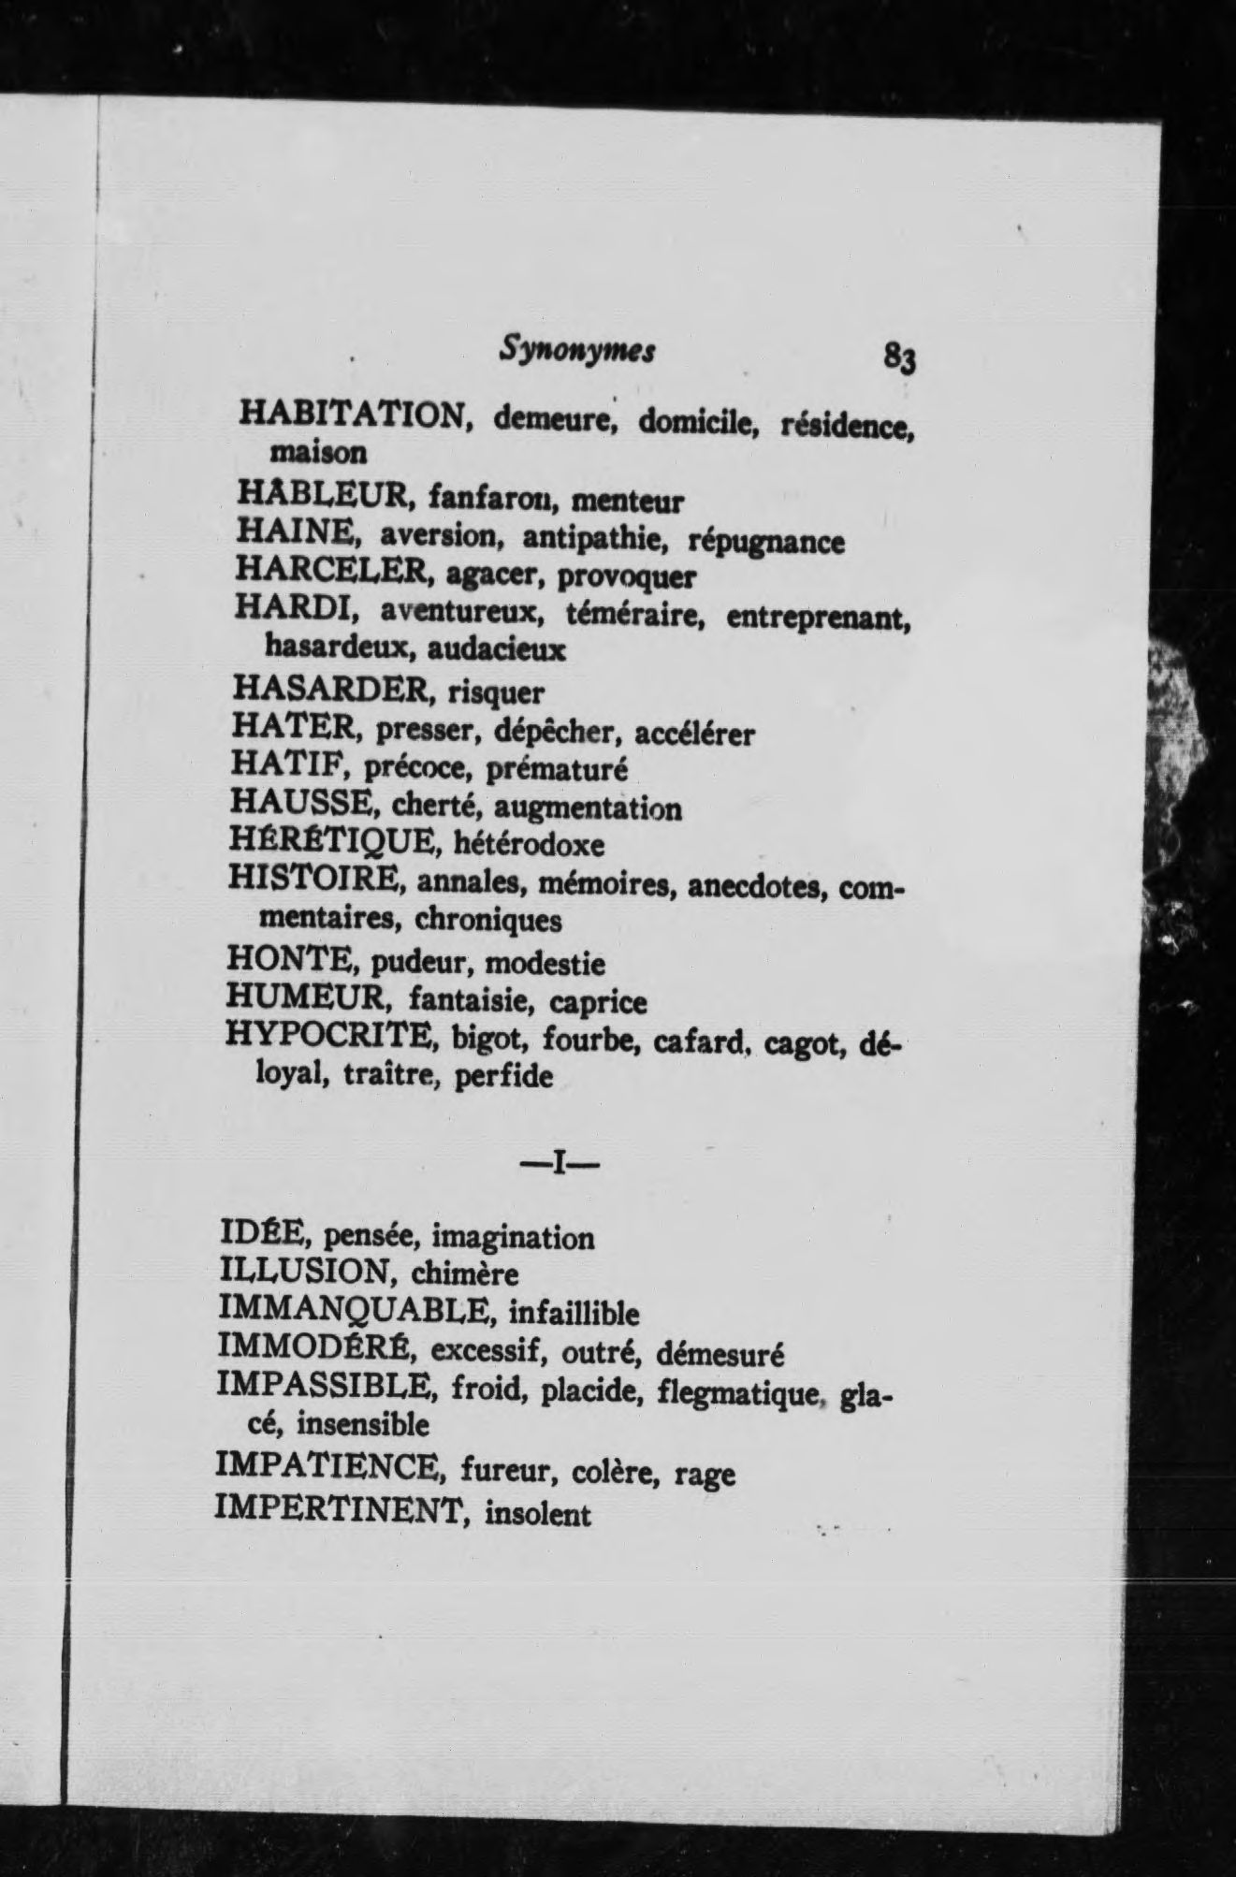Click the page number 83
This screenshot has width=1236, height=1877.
pyautogui.click(x=897, y=358)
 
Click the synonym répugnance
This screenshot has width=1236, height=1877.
pyautogui.click(x=765, y=542)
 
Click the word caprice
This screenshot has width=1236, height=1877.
pyautogui.click(x=598, y=1002)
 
